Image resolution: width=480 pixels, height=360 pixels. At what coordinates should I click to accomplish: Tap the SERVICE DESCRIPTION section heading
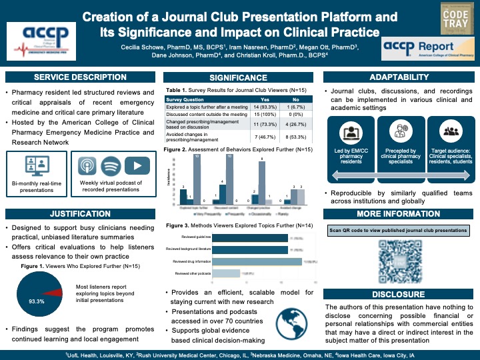pyautogui.click(x=80, y=77)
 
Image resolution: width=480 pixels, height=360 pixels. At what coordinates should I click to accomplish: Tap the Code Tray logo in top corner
pyautogui.click(x=452, y=17)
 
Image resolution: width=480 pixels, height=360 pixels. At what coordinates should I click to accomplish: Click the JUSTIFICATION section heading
pyautogui.click(x=80, y=213)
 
